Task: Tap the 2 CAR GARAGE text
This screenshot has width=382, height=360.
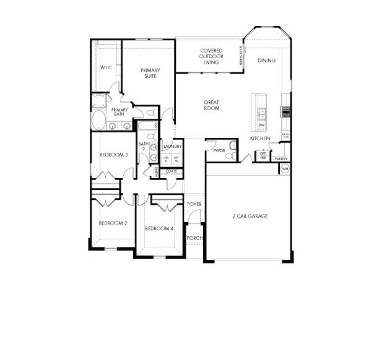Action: [x=250, y=216]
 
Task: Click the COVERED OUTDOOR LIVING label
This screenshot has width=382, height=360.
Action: [x=211, y=55]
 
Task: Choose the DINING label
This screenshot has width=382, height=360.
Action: [x=267, y=61]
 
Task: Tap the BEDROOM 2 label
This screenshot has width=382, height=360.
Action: [x=113, y=223]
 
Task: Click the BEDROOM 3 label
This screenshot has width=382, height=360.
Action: [x=113, y=155]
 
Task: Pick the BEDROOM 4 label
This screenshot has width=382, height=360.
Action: [x=159, y=228]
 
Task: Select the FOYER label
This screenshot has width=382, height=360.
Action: [x=194, y=204]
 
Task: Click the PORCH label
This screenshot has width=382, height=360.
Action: [x=194, y=238]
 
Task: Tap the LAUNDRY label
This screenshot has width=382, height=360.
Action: [x=172, y=147]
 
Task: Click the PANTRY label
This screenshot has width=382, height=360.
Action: [x=281, y=158]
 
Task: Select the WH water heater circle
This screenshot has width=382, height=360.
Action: [x=285, y=168]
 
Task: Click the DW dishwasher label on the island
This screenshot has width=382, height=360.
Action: [x=262, y=126]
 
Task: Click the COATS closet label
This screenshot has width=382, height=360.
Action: [x=171, y=171]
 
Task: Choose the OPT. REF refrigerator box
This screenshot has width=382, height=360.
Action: [x=263, y=156]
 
